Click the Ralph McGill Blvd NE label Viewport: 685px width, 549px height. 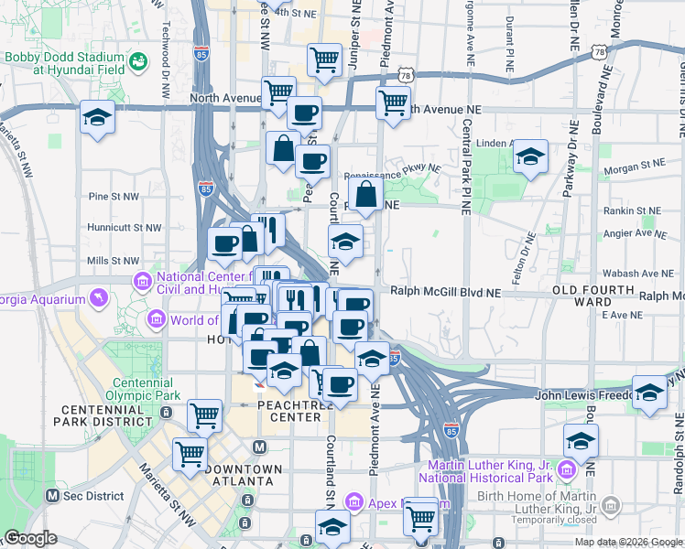(446, 293)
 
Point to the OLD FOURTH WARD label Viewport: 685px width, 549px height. (594, 296)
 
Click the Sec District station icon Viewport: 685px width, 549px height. (51, 496)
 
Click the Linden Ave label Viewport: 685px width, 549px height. (497, 144)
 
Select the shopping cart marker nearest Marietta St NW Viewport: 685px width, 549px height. (190, 453)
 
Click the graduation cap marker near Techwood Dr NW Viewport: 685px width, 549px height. (95, 118)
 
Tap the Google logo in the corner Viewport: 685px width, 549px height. (30, 538)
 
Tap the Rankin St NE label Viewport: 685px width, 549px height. (620, 210)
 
